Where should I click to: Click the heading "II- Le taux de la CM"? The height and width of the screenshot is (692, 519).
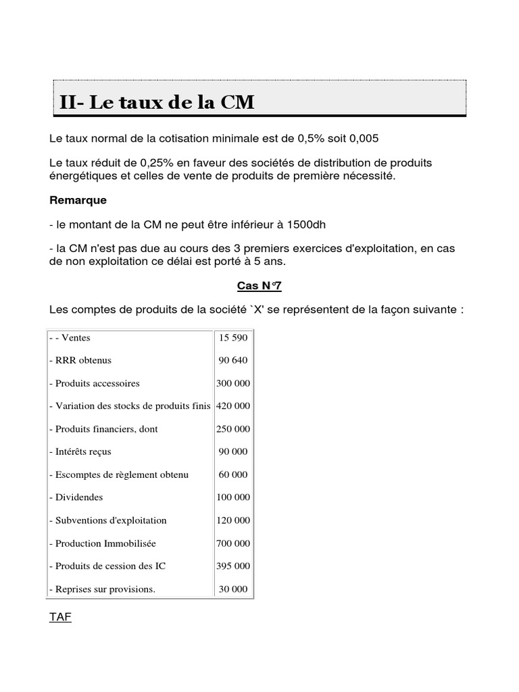pyautogui.click(x=157, y=102)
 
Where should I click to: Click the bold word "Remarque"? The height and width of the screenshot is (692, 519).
pyautogui.click(x=78, y=201)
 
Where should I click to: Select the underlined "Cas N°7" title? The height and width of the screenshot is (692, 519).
pyautogui.click(x=258, y=286)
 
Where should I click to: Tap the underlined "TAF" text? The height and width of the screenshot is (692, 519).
pyautogui.click(x=60, y=617)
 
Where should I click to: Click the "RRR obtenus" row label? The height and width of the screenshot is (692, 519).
pyautogui.click(x=80, y=360)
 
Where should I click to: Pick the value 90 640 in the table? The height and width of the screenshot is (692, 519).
pyautogui.click(x=232, y=360)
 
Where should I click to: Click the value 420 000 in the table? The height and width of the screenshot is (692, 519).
pyautogui.click(x=232, y=406)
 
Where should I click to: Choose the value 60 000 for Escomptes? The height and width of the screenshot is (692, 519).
pyautogui.click(x=232, y=474)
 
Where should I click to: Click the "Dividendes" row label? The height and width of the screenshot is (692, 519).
pyautogui.click(x=76, y=497)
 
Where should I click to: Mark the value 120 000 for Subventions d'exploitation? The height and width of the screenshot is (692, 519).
pyautogui.click(x=232, y=520)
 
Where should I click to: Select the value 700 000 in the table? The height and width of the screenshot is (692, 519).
pyautogui.click(x=232, y=543)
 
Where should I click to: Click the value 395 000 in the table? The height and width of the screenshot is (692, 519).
pyautogui.click(x=232, y=566)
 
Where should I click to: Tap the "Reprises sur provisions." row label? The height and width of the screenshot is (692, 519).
pyautogui.click(x=103, y=589)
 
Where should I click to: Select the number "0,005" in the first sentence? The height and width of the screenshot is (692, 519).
pyautogui.click(x=364, y=139)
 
